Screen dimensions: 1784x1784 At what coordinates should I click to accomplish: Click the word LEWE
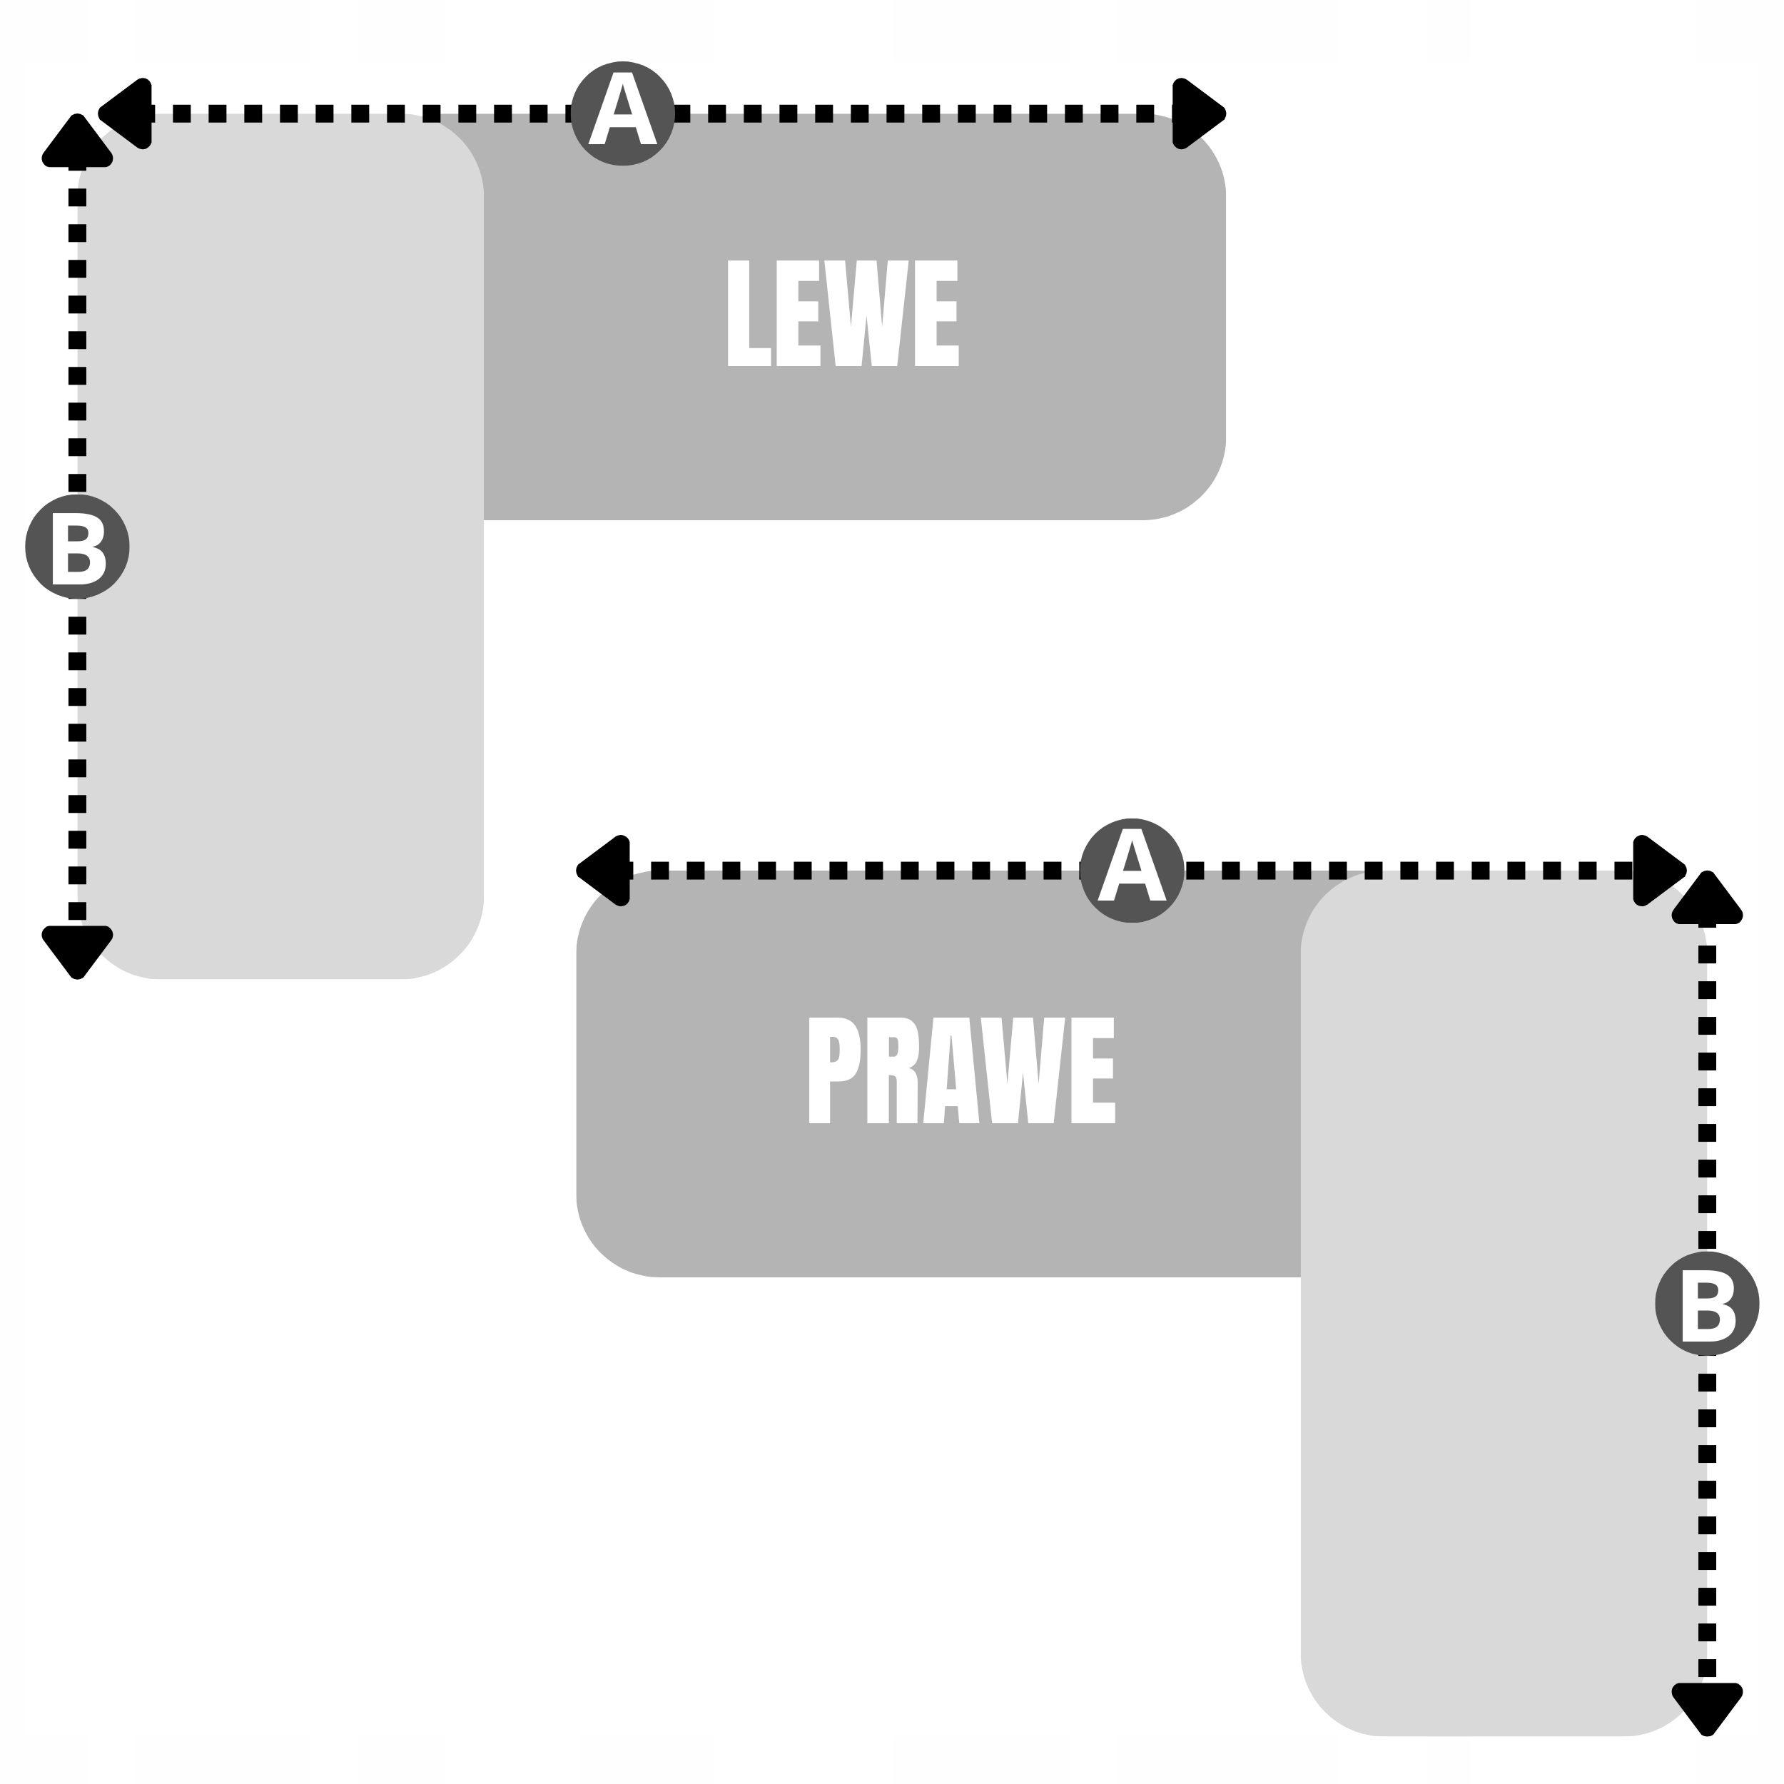click(x=842, y=314)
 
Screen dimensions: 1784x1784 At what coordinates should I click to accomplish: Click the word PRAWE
click(x=961, y=1071)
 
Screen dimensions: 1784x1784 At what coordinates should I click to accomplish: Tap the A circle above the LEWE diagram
click(x=622, y=113)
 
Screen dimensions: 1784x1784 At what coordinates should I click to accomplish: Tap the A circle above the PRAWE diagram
click(x=1131, y=870)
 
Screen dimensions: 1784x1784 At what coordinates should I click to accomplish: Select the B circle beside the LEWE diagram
click(x=78, y=547)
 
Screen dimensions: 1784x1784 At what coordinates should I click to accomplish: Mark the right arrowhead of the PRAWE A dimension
click(x=1658, y=870)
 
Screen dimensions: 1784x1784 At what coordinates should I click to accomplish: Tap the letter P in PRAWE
click(x=833, y=1071)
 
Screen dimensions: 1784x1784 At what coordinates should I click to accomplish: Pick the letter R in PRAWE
click(x=892, y=1071)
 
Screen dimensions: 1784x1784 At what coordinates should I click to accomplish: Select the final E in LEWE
click(x=936, y=314)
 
